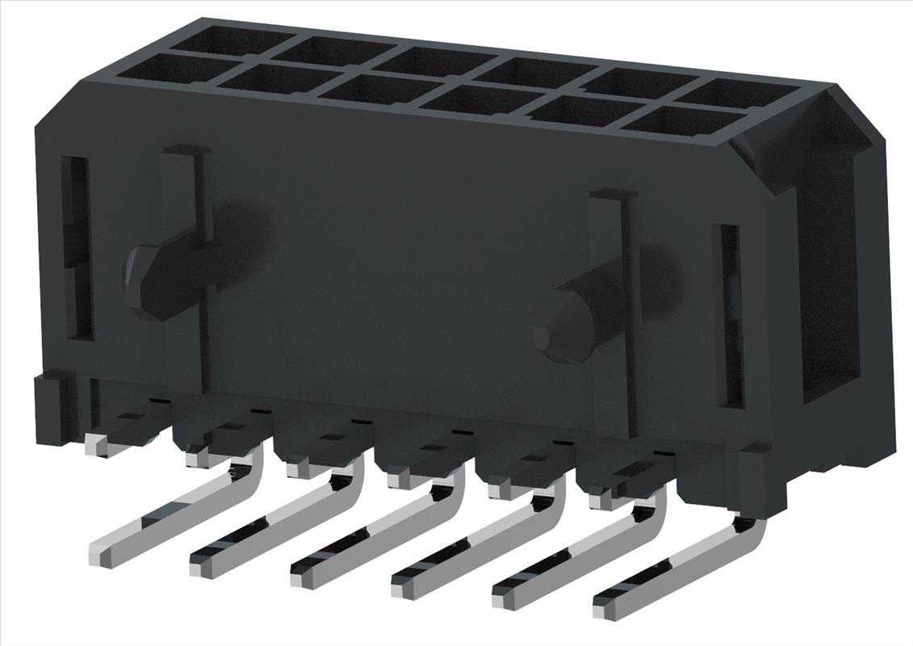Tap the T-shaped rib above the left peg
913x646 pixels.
(187, 151)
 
